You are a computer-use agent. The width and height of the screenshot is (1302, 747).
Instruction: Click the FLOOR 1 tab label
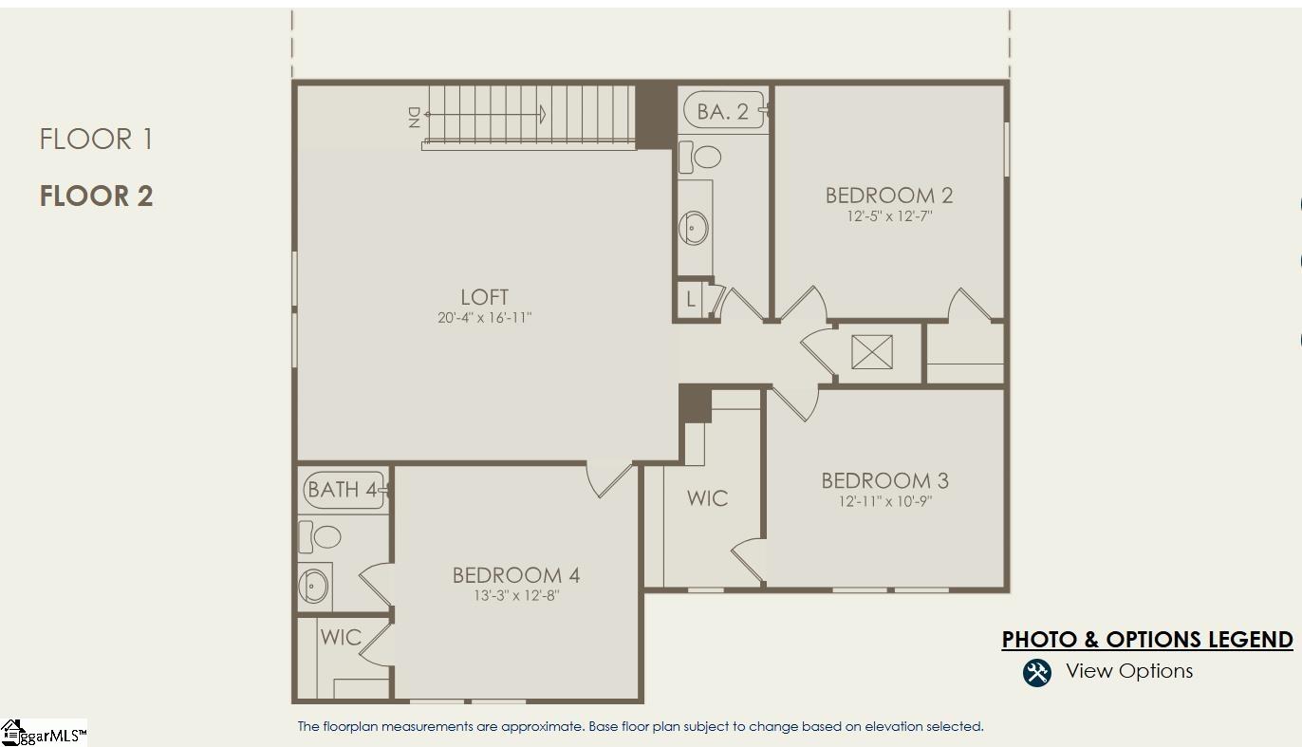[x=96, y=140]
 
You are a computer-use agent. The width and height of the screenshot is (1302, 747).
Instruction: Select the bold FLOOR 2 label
[x=96, y=196]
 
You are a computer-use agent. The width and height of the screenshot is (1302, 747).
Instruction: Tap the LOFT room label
[x=484, y=297]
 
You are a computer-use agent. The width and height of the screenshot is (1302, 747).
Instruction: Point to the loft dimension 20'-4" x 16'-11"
[x=484, y=318]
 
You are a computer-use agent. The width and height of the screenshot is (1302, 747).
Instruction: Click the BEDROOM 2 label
[x=889, y=196]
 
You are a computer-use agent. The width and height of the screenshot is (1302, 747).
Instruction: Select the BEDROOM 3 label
[x=884, y=480]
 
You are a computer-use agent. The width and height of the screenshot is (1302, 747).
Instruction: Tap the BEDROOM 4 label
[x=515, y=575]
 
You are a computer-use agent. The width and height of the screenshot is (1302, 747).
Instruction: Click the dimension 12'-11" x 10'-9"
[x=884, y=501]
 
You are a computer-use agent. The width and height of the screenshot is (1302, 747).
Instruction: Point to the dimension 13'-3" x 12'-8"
[x=515, y=596]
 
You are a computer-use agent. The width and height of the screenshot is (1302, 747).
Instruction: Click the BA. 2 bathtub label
[x=722, y=112]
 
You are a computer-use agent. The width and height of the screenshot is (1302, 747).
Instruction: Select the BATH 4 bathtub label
[x=343, y=490]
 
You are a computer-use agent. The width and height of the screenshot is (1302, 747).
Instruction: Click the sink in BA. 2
[x=695, y=228]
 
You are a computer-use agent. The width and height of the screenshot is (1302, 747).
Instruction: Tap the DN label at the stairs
[x=413, y=117]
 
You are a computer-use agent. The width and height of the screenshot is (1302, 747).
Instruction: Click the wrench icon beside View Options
[x=1036, y=672]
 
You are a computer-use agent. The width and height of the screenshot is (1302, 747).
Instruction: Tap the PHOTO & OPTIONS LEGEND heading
[x=1146, y=640]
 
